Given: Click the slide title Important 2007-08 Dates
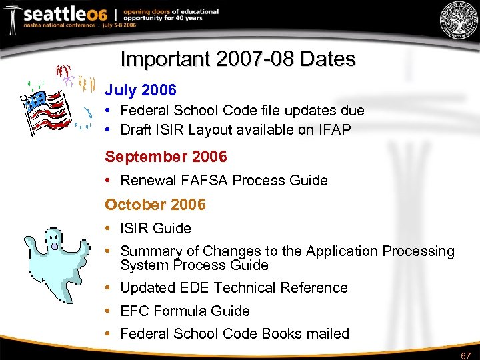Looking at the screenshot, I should pos(237,59).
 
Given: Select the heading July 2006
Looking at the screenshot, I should pos(140,90).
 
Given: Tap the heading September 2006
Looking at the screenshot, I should pos(166,157).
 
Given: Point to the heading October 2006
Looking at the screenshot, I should pos(155,205).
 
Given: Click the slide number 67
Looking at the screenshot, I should pos(466,355).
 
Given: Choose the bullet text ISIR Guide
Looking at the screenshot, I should pos(156,229).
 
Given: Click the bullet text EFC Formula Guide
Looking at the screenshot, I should pos(185,311).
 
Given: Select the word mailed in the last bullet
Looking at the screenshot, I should pos(327,333).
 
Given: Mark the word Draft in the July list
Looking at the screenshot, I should pos(135,130).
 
